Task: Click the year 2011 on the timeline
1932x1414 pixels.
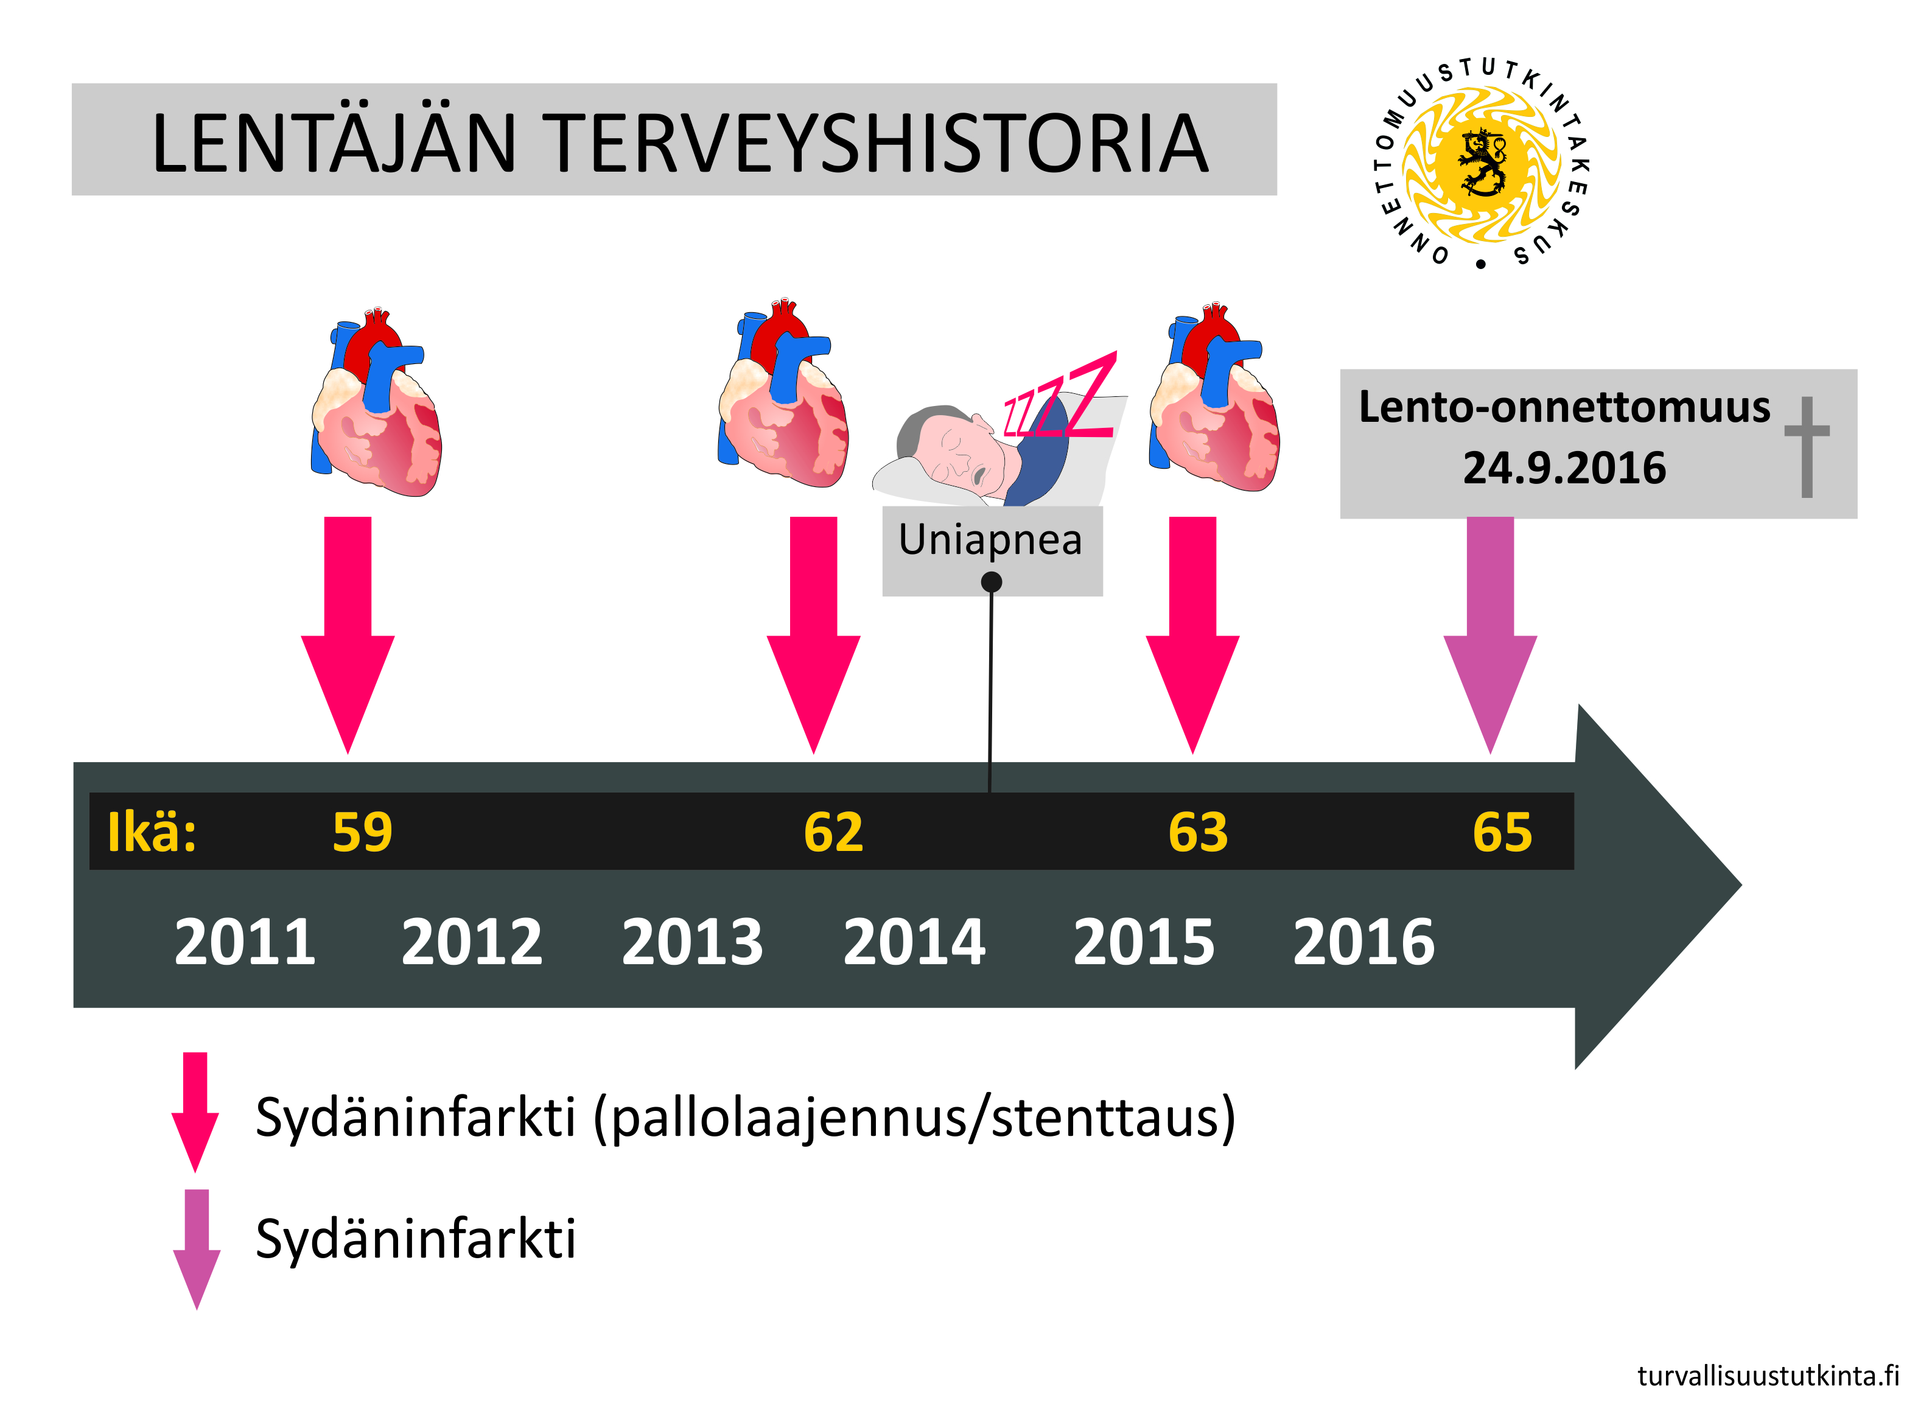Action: [x=245, y=942]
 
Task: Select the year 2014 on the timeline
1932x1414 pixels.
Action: [x=914, y=942]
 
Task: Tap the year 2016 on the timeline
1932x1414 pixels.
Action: [x=1363, y=942]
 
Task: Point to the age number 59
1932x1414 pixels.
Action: [x=362, y=832]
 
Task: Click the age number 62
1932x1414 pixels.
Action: [x=834, y=832]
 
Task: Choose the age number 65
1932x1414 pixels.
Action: [x=1502, y=832]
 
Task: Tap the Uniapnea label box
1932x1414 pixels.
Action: [x=992, y=551]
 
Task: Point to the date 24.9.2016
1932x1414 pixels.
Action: [x=1564, y=468]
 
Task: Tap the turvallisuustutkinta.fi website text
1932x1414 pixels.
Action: [x=1768, y=1376]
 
